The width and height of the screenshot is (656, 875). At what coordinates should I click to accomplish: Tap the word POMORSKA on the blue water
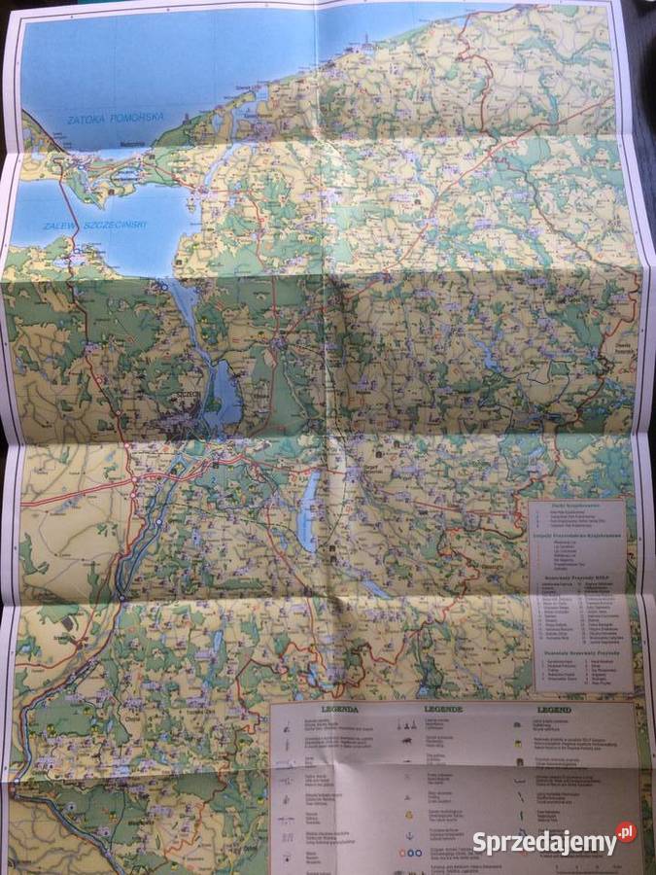point(138,118)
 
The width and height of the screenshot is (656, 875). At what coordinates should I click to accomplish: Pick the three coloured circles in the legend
point(408,854)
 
